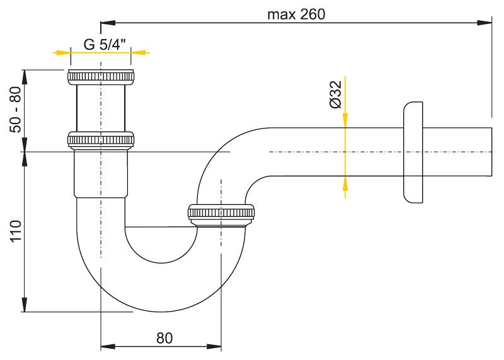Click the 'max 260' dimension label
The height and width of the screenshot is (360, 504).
pos(296,15)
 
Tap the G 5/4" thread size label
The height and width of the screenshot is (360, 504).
pos(105,44)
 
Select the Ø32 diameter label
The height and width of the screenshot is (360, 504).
pos(336,95)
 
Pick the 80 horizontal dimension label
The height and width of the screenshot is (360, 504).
pos(164,338)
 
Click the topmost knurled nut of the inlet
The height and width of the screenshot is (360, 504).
pos(101,77)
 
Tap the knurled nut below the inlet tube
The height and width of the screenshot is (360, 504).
pos(101,140)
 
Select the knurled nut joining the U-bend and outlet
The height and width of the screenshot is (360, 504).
pos(221,212)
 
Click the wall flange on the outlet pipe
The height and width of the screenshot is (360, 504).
pos(413,153)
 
